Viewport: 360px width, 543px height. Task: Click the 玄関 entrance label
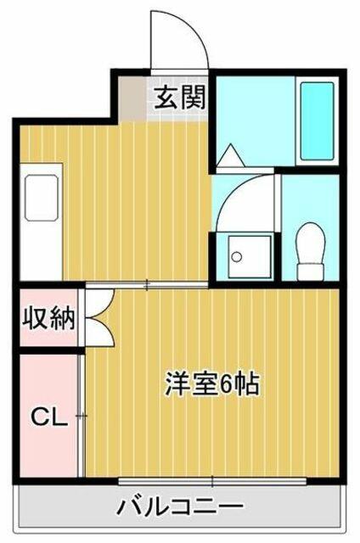[179, 98]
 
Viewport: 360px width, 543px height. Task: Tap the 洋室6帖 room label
[212, 383]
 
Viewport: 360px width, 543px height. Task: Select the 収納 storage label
[48, 318]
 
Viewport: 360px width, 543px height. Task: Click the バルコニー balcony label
[180, 507]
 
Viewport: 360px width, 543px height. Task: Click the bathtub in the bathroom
[317, 121]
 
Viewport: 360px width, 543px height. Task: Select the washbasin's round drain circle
[237, 257]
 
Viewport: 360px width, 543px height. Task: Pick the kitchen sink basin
[41, 198]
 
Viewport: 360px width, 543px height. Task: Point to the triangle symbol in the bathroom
[230, 155]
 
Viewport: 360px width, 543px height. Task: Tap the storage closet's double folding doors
[100, 318]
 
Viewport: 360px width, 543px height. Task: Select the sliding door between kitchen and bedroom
[147, 285]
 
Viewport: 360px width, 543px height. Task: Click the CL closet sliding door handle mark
[82, 416]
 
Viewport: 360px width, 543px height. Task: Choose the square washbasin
[250, 256]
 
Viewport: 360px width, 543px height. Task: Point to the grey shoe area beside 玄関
[132, 98]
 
